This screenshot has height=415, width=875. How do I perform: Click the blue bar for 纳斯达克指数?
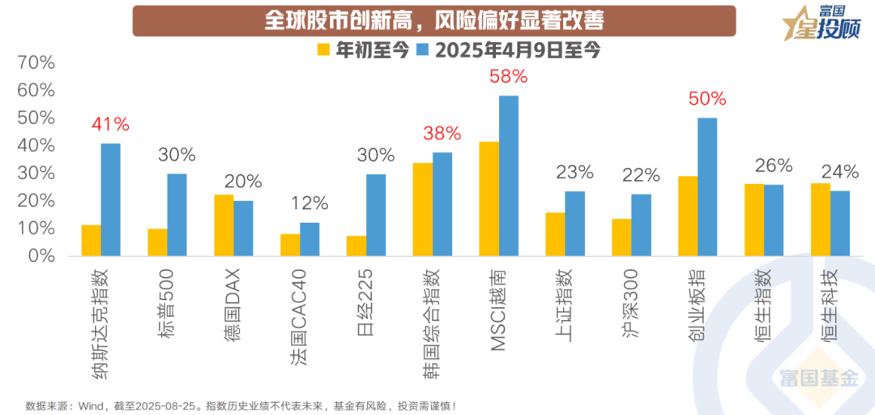click(x=111, y=200)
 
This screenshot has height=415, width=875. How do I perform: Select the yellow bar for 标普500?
click(x=157, y=242)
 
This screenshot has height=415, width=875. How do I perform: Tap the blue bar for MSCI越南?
click(x=509, y=176)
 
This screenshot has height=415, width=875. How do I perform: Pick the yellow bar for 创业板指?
click(x=688, y=216)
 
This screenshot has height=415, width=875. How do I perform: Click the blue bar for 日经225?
click(x=376, y=216)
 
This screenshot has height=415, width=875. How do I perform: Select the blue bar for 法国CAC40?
click(x=309, y=240)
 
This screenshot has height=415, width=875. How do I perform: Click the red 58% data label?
click(x=509, y=77)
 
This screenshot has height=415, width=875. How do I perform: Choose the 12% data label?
click(x=309, y=203)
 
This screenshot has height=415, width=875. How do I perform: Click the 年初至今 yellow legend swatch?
click(x=323, y=49)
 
